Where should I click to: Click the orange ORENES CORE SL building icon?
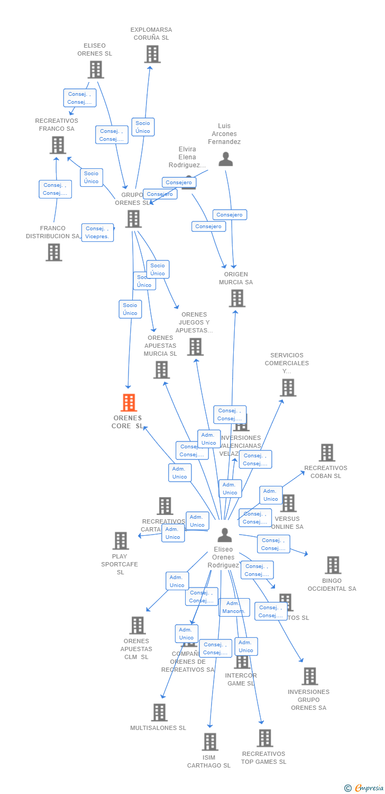[129, 403]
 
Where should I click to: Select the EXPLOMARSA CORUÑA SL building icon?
[152, 54]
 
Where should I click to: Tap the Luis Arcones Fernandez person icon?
[226, 159]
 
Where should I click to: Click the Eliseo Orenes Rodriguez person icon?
[225, 535]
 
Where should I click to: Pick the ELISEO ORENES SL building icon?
[96, 69]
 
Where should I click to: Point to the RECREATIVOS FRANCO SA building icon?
[58, 145]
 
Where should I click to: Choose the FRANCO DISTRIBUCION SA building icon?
[53, 252]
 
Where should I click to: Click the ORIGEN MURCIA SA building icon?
[237, 298]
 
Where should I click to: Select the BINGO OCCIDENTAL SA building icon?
[333, 565]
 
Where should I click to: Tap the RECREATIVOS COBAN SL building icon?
[327, 453]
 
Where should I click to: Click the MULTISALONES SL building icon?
[159, 712]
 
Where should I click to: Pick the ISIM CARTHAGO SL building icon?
[210, 742]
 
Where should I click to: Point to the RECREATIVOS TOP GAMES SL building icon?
[264, 738]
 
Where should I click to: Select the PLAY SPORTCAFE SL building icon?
[121, 540]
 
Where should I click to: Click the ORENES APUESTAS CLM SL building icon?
[137, 625]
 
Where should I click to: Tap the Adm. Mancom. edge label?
[234, 607]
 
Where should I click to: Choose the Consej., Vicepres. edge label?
[97, 233]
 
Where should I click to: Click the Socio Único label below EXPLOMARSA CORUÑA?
[143, 127]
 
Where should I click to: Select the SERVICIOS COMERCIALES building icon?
[288, 387]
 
